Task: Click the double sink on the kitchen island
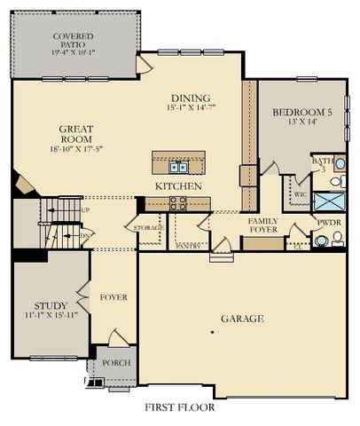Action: (x=179, y=166)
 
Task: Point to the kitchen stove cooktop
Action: (x=178, y=201)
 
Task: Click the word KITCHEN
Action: (x=178, y=186)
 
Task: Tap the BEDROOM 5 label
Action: (x=302, y=112)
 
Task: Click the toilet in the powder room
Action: (x=336, y=239)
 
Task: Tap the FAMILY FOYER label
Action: (x=263, y=225)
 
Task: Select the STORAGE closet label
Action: (x=149, y=228)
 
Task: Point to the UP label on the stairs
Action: (x=85, y=210)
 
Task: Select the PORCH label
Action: (x=116, y=363)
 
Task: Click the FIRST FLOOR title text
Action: (x=180, y=408)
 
